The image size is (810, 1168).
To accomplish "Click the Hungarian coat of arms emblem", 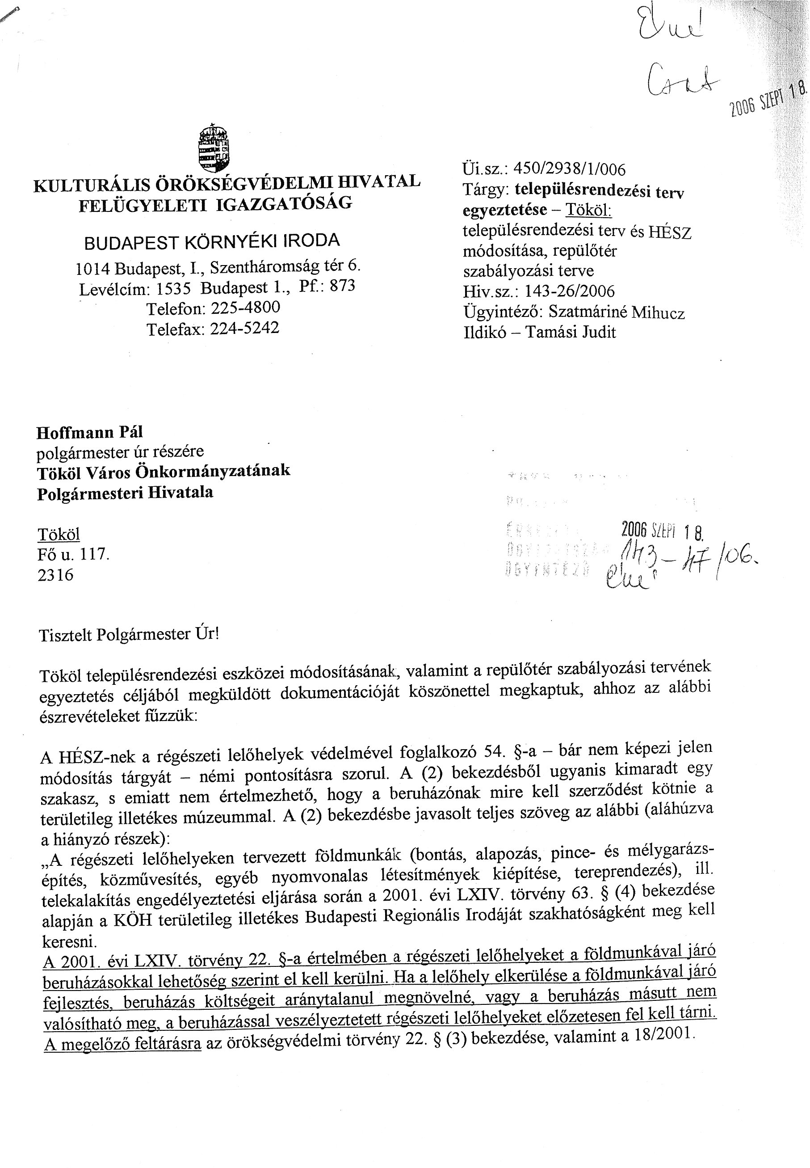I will (x=213, y=147).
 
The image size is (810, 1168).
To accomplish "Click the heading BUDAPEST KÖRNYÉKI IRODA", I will (x=212, y=242).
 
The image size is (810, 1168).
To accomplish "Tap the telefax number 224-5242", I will (x=245, y=328).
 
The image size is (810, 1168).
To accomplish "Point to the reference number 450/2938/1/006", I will (x=570, y=169).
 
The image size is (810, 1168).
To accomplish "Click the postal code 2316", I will (x=55, y=575).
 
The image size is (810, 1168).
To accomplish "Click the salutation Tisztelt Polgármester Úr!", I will (x=129, y=635).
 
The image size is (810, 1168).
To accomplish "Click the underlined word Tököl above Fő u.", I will (x=59, y=534).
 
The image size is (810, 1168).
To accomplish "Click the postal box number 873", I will (x=342, y=286).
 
